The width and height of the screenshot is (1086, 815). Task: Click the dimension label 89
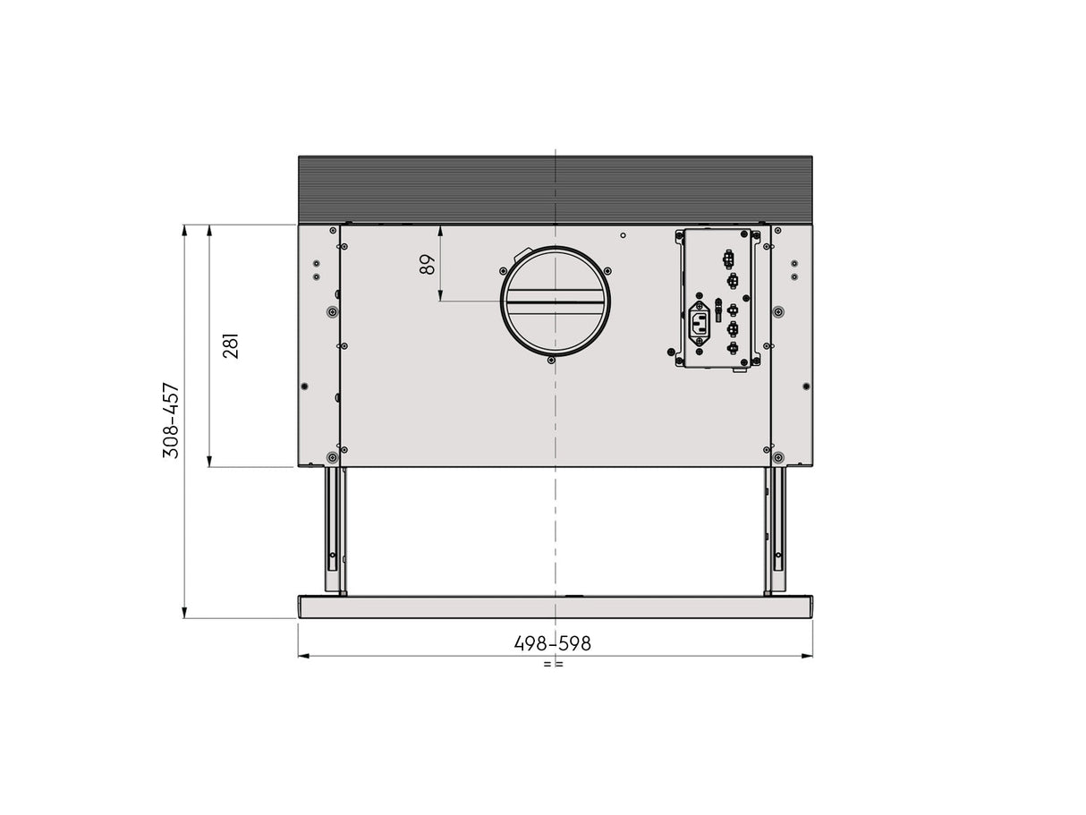coord(428,265)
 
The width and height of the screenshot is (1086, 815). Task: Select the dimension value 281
coord(232,345)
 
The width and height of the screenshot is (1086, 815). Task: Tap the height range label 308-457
coord(170,420)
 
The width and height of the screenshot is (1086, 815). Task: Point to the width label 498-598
coord(552,643)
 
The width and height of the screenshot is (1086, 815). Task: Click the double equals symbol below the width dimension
coord(553,665)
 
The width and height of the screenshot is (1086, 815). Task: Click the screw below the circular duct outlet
coord(551,361)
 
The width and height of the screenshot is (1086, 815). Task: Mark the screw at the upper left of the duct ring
coord(499,269)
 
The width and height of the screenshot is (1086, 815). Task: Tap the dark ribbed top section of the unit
coord(555,189)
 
